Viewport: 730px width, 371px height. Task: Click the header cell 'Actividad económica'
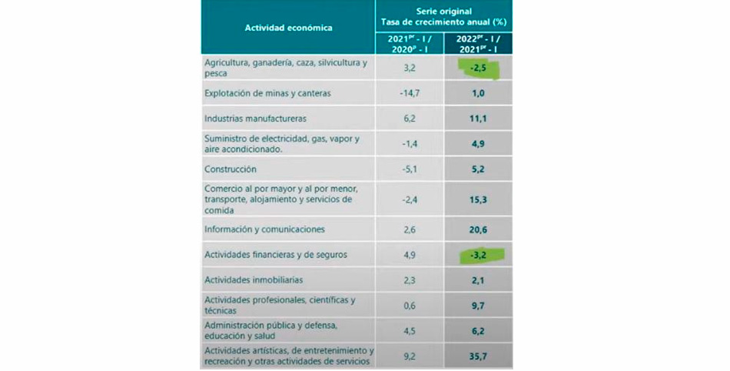click(x=288, y=28)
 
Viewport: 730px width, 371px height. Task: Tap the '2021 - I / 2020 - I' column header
click(x=409, y=43)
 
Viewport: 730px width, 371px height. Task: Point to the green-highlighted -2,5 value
click(x=479, y=69)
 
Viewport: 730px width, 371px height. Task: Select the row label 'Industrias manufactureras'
click(x=255, y=119)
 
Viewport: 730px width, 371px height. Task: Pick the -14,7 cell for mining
click(x=409, y=94)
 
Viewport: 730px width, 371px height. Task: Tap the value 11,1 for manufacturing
click(x=478, y=119)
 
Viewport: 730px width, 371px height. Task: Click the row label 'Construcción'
click(x=230, y=169)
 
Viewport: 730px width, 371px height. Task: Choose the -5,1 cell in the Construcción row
click(x=409, y=169)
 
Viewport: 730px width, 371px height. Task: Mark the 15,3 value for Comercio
click(x=478, y=199)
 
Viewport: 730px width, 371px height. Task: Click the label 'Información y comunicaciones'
click(x=264, y=229)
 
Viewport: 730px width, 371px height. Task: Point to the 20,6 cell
click(x=478, y=229)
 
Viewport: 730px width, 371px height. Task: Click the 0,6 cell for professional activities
click(x=409, y=305)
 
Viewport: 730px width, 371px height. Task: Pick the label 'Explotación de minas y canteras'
click(x=267, y=94)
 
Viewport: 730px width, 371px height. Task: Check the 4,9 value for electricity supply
click(x=478, y=143)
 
